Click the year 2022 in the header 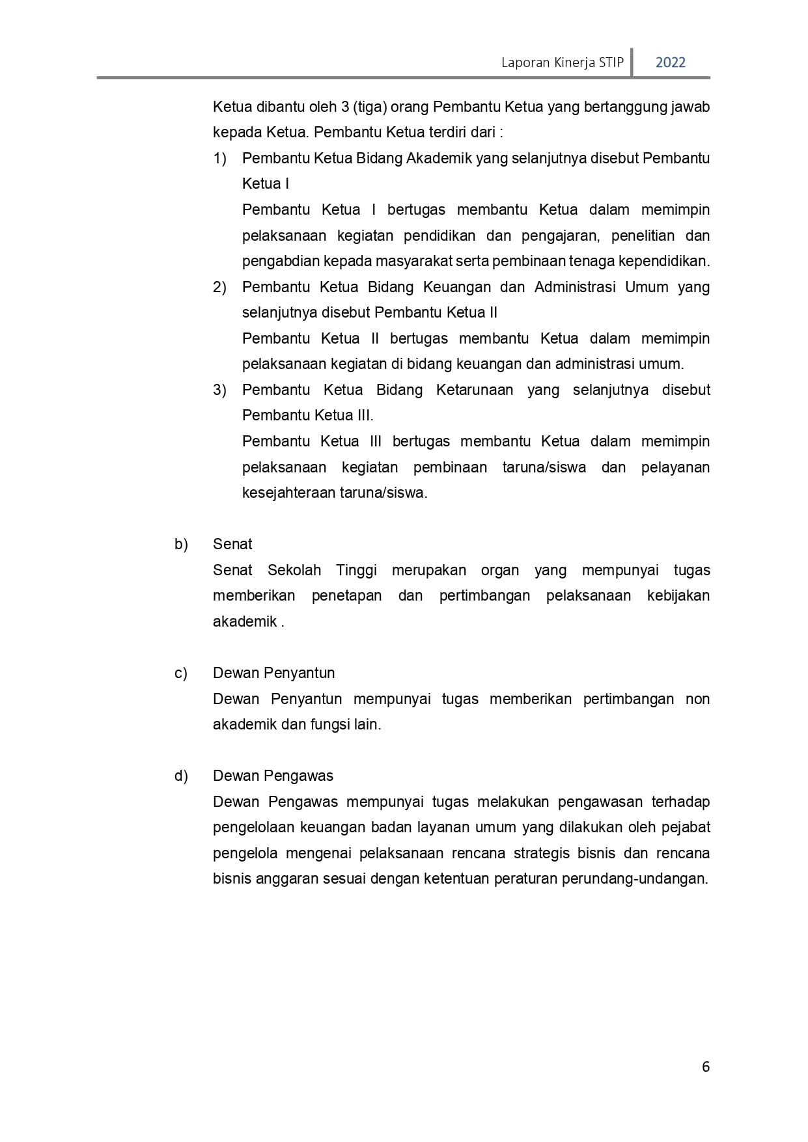point(670,62)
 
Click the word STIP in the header point(611,62)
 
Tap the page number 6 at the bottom point(706,1067)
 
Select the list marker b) point(181,544)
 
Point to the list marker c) point(181,673)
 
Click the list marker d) point(181,776)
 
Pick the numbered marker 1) point(219,158)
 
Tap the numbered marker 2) point(219,287)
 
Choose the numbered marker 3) point(219,390)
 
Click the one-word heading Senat point(232,544)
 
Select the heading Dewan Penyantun point(273,673)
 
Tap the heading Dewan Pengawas point(273,776)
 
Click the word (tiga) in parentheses point(370,107)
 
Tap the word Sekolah point(294,570)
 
